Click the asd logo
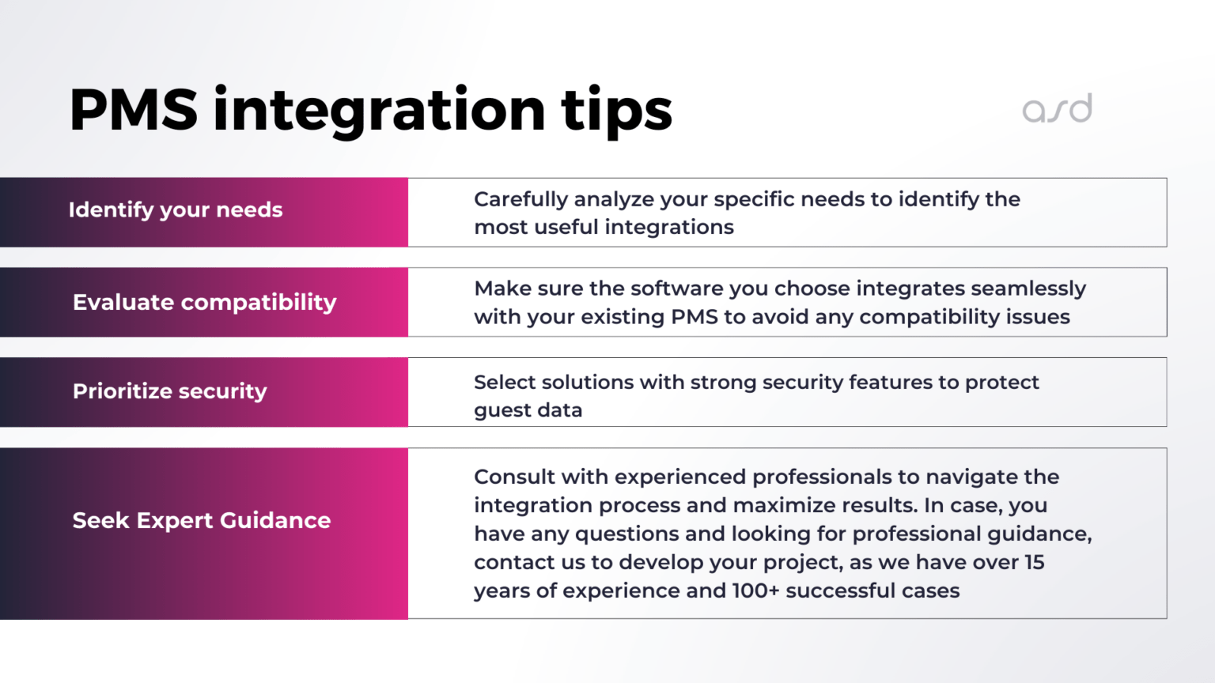click(x=1057, y=109)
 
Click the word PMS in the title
click(x=133, y=110)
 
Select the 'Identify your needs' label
click(x=176, y=210)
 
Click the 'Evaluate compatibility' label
click(x=204, y=303)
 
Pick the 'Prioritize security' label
click(x=170, y=392)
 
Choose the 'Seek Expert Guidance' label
click(x=202, y=521)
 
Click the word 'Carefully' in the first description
click(x=520, y=200)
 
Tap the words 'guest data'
click(x=528, y=411)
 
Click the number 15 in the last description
click(x=1034, y=563)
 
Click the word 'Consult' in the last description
click(x=514, y=477)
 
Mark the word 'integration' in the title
click(x=380, y=111)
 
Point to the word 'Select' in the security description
click(x=504, y=383)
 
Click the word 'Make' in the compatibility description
click(x=500, y=289)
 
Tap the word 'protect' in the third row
click(x=1001, y=383)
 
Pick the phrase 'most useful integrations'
click(x=604, y=228)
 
